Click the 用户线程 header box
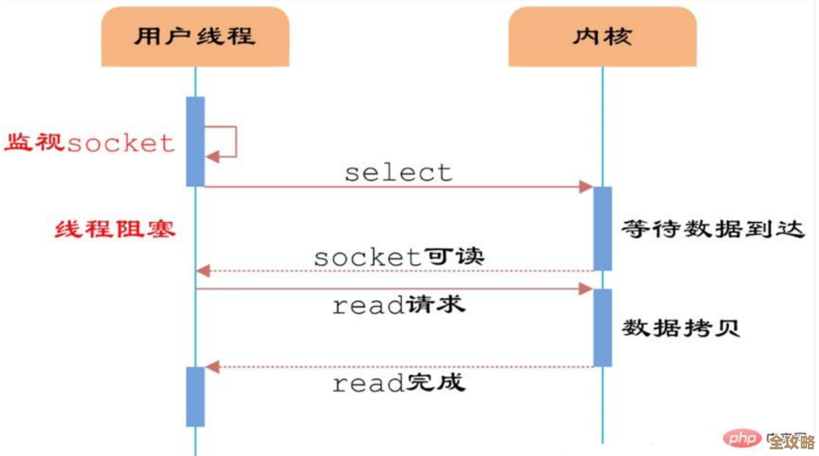195,37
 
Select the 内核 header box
602,37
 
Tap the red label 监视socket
90,143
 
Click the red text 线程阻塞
115,229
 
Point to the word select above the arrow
398,172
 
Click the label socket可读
399,257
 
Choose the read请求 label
399,304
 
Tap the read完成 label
399,383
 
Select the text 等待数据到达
713,229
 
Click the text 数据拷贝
681,328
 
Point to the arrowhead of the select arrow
586,187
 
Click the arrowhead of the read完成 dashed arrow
212,366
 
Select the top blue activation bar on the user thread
195,141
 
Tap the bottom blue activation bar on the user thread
195,396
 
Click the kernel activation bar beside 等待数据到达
602,228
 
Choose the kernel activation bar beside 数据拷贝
602,328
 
